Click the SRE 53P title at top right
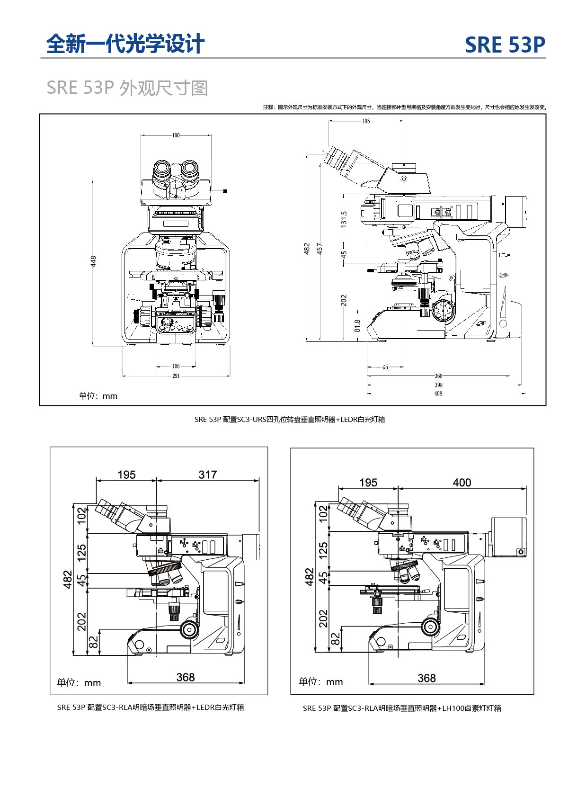tap(505, 45)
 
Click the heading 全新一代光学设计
tap(125, 45)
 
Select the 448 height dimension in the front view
tap(93, 261)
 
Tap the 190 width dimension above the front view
tap(176, 135)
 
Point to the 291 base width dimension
tap(176, 376)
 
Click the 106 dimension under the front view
tap(176, 366)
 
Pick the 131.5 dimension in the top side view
tap(344, 219)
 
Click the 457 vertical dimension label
tap(320, 249)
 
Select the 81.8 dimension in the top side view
tap(357, 325)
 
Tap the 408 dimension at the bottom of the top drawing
tap(438, 394)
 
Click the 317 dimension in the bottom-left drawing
tap(208, 475)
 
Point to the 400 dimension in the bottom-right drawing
tap(462, 483)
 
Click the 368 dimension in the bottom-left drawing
tap(186, 677)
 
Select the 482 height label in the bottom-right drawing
tap(310, 577)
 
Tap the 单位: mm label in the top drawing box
tap(98, 396)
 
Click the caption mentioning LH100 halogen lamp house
tap(402, 708)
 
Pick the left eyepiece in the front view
tap(161, 170)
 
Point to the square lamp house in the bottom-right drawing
tap(509, 537)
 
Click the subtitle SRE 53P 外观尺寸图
tap(127, 88)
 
